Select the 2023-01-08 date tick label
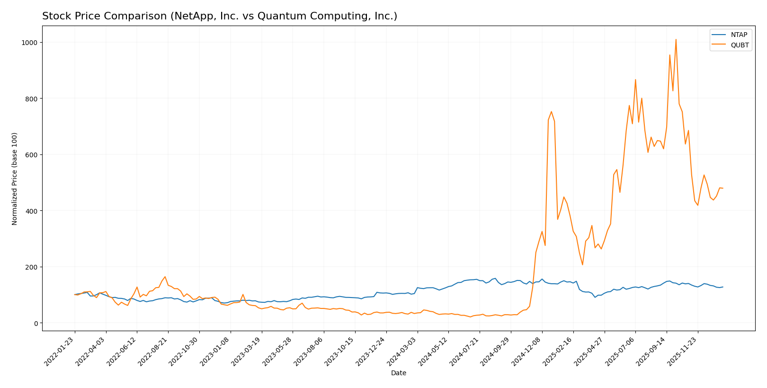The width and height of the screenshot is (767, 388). pyautogui.click(x=216, y=351)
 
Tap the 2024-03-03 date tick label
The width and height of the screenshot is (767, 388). pyautogui.click(x=403, y=351)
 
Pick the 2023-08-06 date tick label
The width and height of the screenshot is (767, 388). pyautogui.click(x=309, y=351)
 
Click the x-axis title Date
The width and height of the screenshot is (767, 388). pyautogui.click(x=399, y=373)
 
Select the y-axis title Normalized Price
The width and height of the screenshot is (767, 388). pyautogui.click(x=15, y=179)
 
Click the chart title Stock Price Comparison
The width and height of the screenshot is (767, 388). pyautogui.click(x=220, y=17)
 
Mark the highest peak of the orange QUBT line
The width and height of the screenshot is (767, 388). pyautogui.click(x=676, y=39)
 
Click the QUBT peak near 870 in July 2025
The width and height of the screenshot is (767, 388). pyautogui.click(x=635, y=80)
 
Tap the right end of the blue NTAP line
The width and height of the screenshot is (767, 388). pyautogui.click(x=723, y=287)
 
